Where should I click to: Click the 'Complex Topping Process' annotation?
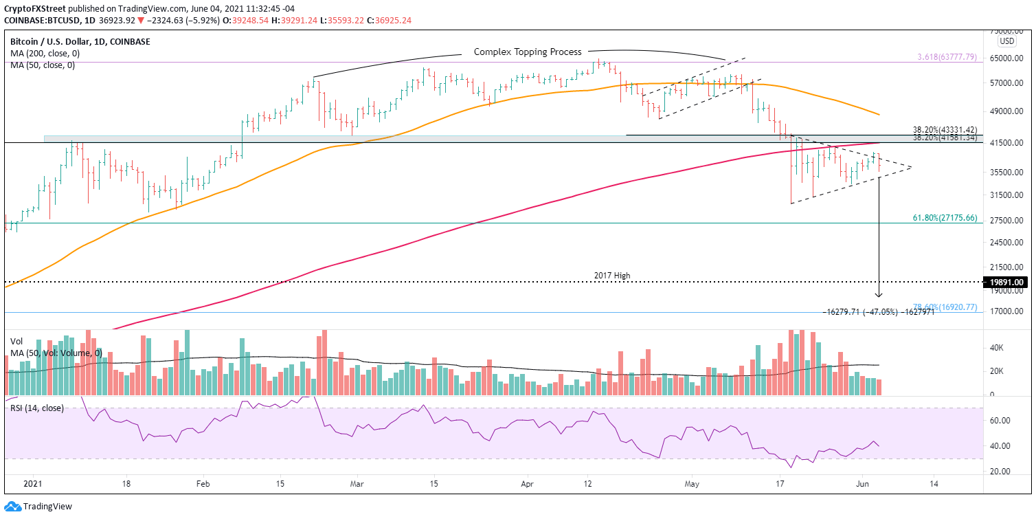point(528,52)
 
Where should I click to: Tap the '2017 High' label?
point(611,276)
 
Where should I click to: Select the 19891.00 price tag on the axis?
point(1009,282)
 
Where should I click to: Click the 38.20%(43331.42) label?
point(945,129)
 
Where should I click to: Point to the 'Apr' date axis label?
point(528,483)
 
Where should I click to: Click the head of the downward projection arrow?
point(879,296)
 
